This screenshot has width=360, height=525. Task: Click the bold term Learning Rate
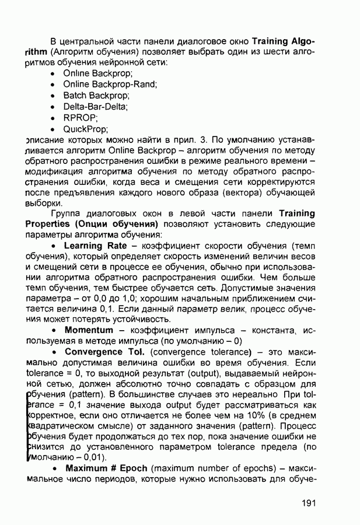click(95, 246)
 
